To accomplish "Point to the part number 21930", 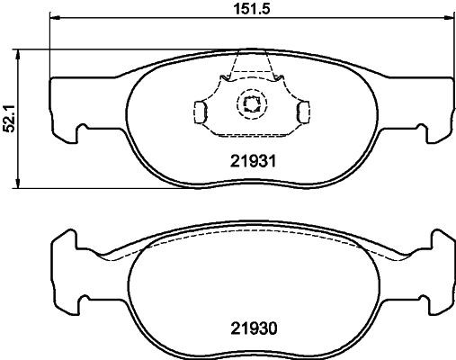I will pyautogui.click(x=249, y=328).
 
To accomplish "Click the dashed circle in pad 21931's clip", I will pyautogui.click(x=249, y=106).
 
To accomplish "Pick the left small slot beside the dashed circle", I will pyautogui.click(x=201, y=111).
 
